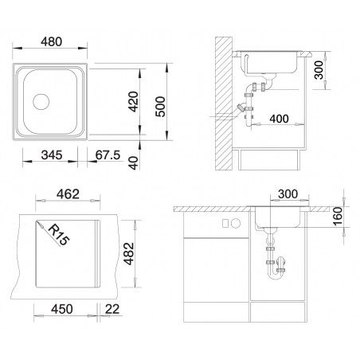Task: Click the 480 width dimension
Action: point(52,41)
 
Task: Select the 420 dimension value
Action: point(133,102)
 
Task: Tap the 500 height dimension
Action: point(160,107)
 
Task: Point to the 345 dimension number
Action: point(52,155)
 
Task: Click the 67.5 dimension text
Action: point(108,155)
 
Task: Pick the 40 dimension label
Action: point(133,163)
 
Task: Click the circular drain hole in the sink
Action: point(41,102)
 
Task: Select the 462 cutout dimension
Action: point(68,194)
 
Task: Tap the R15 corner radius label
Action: point(59,235)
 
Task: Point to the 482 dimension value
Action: point(130,253)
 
